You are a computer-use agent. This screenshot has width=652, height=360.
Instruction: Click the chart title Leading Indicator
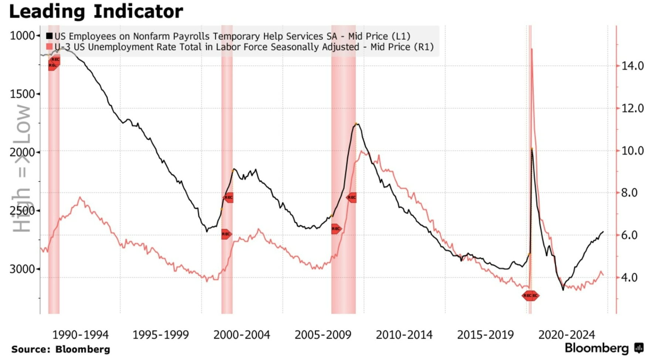96,11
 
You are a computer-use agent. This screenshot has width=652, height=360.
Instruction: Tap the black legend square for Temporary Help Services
49,36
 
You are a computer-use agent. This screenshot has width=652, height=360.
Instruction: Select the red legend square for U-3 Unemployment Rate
49,47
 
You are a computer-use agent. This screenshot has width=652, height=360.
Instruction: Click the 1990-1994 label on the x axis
80,335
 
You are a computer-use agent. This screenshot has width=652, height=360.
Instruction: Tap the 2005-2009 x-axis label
323,335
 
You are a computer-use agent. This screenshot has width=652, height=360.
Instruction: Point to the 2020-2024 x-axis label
567,335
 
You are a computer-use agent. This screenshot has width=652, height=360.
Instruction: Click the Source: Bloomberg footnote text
61,349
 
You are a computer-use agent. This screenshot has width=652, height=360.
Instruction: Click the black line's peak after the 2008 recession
356,124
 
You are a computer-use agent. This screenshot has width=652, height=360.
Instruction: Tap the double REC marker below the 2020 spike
530,296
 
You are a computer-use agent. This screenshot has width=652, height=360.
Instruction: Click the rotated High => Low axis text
22,168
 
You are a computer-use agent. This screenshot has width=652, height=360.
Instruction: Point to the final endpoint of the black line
603,232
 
